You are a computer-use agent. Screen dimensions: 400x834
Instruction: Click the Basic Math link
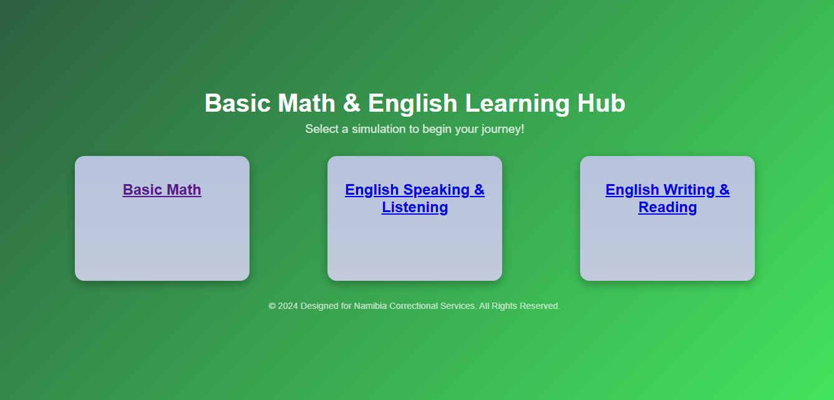[x=162, y=190]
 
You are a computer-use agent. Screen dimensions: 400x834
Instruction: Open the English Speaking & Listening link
[x=414, y=198]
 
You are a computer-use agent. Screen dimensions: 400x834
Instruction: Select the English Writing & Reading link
[x=667, y=198]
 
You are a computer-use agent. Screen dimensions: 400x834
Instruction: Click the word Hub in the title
[x=601, y=104]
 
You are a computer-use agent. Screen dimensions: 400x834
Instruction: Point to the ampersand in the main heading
[x=352, y=104]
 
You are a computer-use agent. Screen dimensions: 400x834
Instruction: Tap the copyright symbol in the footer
[x=273, y=306]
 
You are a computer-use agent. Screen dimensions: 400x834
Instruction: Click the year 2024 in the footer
[x=288, y=306]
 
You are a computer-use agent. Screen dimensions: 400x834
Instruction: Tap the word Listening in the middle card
[x=414, y=207]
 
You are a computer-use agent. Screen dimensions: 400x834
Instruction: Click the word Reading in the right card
[x=667, y=207]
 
